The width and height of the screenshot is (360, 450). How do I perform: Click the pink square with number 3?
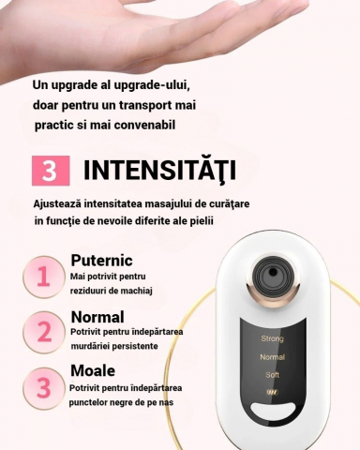[x=51, y=171]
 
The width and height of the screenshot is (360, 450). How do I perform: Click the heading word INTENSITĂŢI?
[x=158, y=171]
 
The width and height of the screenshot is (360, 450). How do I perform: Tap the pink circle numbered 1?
[x=43, y=277]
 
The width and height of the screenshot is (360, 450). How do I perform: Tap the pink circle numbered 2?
[x=43, y=331]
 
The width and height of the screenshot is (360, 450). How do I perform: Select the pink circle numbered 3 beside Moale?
[x=43, y=387]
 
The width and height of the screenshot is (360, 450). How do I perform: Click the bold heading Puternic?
[x=101, y=260]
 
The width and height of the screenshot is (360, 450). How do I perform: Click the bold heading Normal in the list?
[x=97, y=316]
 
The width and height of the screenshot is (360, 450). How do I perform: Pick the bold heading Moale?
[x=93, y=370]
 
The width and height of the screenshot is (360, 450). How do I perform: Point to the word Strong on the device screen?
[x=272, y=338]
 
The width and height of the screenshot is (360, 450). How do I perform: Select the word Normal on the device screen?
[x=272, y=357]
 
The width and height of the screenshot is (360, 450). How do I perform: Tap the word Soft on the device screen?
[x=272, y=375]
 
